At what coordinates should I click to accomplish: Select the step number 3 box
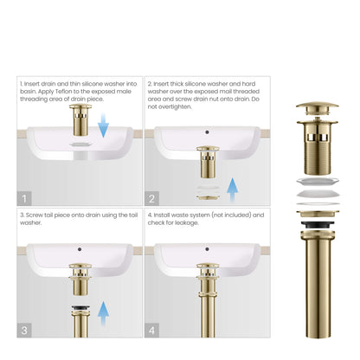coord(24,329)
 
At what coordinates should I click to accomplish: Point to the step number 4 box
coord(151,329)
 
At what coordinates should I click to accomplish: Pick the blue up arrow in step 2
coord(231,190)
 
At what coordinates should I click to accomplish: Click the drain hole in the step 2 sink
coord(208,133)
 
